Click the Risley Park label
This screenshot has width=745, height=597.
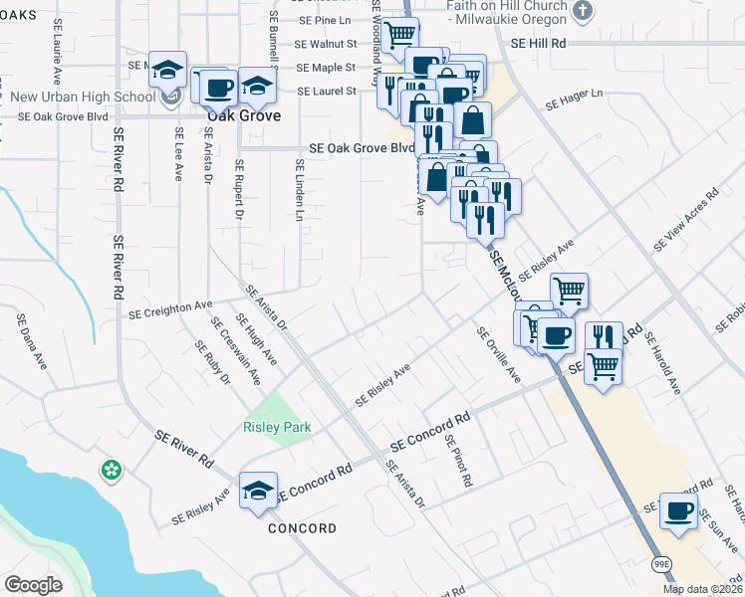point(277,428)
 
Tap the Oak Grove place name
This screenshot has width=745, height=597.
point(243,115)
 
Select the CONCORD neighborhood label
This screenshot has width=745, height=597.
point(303,528)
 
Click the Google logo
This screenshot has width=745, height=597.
point(33,585)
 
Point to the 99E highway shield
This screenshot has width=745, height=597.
point(662,565)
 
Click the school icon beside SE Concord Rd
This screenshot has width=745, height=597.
point(258,490)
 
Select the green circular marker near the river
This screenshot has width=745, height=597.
point(111,468)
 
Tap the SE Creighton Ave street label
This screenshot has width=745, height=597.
point(170,309)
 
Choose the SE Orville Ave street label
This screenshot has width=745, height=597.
point(498,355)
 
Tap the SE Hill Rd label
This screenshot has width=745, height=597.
point(538,44)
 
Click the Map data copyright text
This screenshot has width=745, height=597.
point(702,589)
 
